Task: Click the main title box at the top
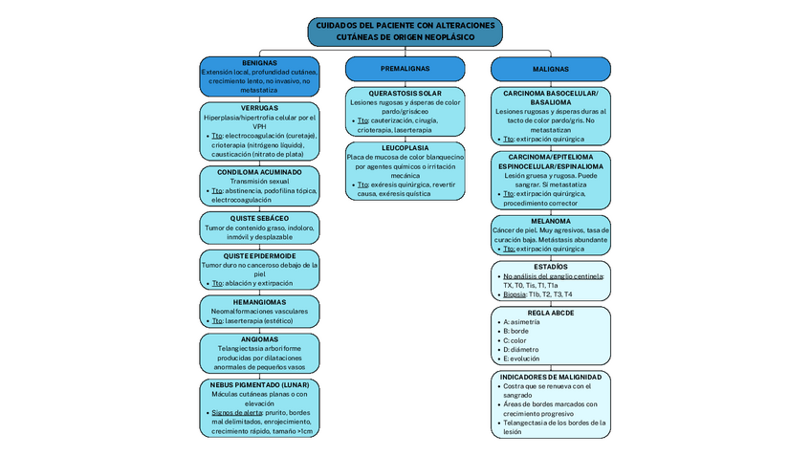pyautogui.click(x=405, y=31)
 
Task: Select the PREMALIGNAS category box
pyautogui.click(x=405, y=69)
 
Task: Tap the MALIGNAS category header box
pyautogui.click(x=550, y=69)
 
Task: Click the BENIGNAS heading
pyautogui.click(x=259, y=63)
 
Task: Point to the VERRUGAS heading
pyautogui.click(x=259, y=108)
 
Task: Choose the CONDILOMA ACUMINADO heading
pyautogui.click(x=259, y=172)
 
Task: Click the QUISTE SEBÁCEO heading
pyautogui.click(x=259, y=218)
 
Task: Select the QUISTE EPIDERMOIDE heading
pyautogui.click(x=259, y=255)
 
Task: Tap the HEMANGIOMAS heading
pyautogui.click(x=259, y=301)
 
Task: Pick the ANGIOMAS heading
pyautogui.click(x=259, y=338)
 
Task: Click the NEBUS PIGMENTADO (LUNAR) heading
pyautogui.click(x=259, y=384)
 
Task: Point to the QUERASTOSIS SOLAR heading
pyautogui.click(x=405, y=93)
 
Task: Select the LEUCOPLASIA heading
pyautogui.click(x=405, y=148)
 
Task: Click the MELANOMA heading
pyautogui.click(x=550, y=221)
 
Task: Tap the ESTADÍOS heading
pyautogui.click(x=550, y=266)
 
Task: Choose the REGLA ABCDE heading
pyautogui.click(x=550, y=313)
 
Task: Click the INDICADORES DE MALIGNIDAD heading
pyautogui.click(x=550, y=377)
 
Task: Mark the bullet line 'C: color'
pyautogui.click(x=515, y=340)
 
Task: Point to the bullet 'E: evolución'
pyautogui.click(x=521, y=358)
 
